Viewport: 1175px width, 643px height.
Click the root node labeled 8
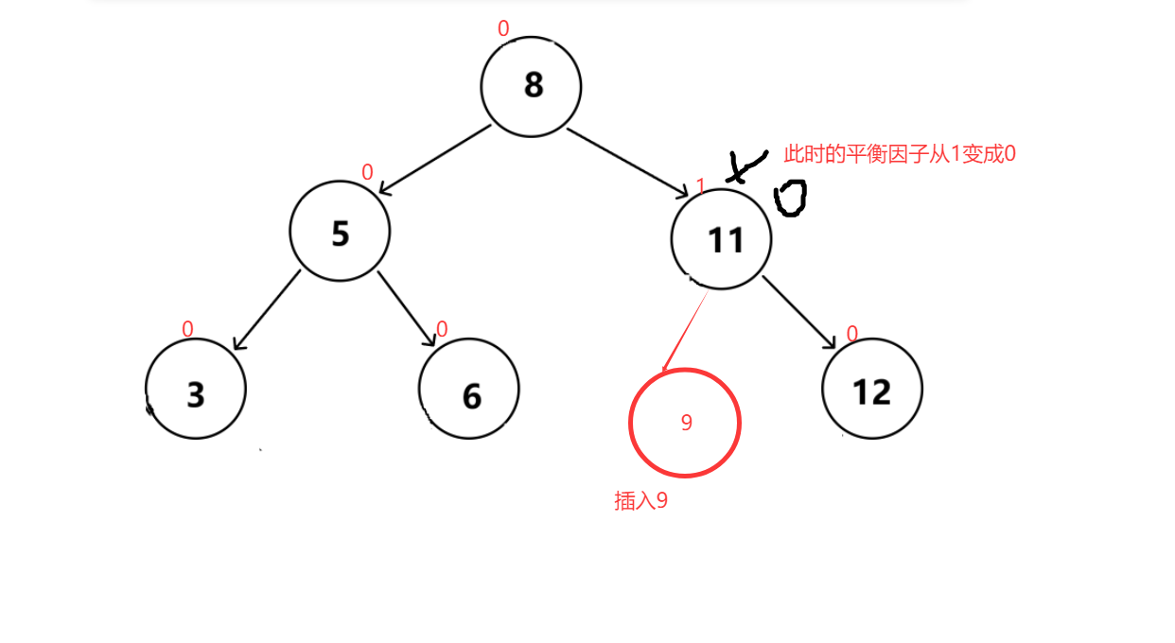pyautogui.click(x=531, y=86)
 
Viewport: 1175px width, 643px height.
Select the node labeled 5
pyautogui.click(x=340, y=233)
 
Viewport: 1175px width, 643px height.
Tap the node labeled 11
pyautogui.click(x=721, y=239)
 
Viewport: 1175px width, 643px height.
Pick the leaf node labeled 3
pyautogui.click(x=196, y=390)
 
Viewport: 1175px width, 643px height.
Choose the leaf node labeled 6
pyautogui.click(x=469, y=390)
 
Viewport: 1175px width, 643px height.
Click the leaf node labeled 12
pyautogui.click(x=872, y=390)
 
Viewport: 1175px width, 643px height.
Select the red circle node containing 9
pyautogui.click(x=685, y=423)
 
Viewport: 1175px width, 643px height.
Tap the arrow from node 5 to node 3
pyautogui.click(x=267, y=310)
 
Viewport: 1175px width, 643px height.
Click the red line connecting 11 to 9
pyautogui.click(x=685, y=330)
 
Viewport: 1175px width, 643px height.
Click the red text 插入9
pyautogui.click(x=640, y=501)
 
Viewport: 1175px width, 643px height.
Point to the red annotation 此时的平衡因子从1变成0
pyautogui.click(x=899, y=154)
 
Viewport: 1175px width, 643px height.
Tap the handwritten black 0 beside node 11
pyautogui.click(x=790, y=199)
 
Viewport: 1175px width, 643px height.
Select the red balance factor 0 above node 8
pyautogui.click(x=503, y=29)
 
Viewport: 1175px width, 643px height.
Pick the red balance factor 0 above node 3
pyautogui.click(x=187, y=329)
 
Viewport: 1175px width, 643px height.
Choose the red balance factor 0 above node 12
pyautogui.click(x=851, y=334)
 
